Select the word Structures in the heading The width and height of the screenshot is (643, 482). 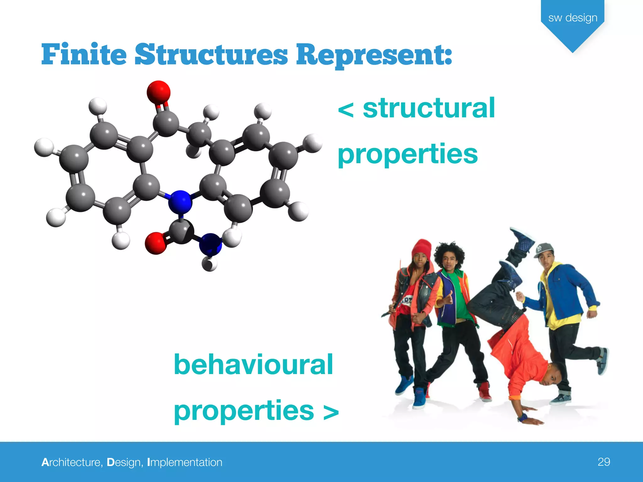point(211,55)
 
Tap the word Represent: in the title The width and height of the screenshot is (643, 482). point(374,55)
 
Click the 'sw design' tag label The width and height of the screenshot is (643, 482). point(573,18)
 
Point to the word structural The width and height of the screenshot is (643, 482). point(429,108)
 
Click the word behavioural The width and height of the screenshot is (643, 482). point(253,365)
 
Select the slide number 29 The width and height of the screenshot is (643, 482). point(604,462)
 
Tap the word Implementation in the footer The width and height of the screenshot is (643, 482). point(185,462)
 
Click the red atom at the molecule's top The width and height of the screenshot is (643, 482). point(159,92)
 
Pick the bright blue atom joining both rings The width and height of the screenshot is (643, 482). point(180,202)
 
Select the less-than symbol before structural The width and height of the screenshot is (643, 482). point(346,110)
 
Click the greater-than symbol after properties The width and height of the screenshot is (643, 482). point(331,412)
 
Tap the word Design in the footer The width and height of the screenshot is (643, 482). point(123,462)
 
